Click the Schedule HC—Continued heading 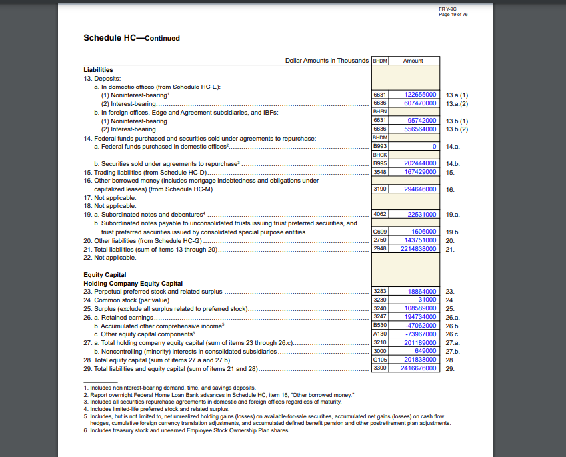[x=131, y=38]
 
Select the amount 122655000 [x=421, y=95]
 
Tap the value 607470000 [x=421, y=103]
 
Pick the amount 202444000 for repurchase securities [x=421, y=163]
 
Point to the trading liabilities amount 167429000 [x=421, y=172]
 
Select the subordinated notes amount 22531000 [x=422, y=215]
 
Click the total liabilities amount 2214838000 [x=419, y=249]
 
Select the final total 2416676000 [x=419, y=368]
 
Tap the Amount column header [x=413, y=61]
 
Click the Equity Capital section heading [x=105, y=275]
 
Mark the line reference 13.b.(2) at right [x=457, y=129]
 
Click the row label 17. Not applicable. [x=110, y=198]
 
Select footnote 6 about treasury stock [x=187, y=430]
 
